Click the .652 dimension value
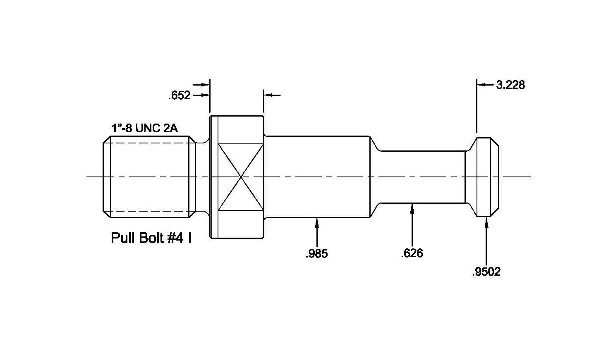pyautogui.click(x=179, y=96)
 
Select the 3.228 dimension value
pyautogui.click(x=510, y=85)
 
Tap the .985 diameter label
pyautogui.click(x=316, y=253)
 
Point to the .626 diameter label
pyautogui.click(x=412, y=253)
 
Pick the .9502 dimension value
pyautogui.click(x=486, y=272)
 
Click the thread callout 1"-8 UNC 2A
pyautogui.click(x=144, y=128)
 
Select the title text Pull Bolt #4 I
pyautogui.click(x=151, y=238)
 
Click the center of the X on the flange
pyautogui.click(x=240, y=177)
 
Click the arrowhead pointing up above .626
pyautogui.click(x=412, y=208)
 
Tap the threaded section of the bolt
pyautogui.click(x=149, y=177)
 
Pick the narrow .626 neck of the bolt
pyautogui.click(x=422, y=177)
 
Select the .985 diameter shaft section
pyautogui.click(x=316, y=177)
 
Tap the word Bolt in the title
pyautogui.click(x=151, y=238)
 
